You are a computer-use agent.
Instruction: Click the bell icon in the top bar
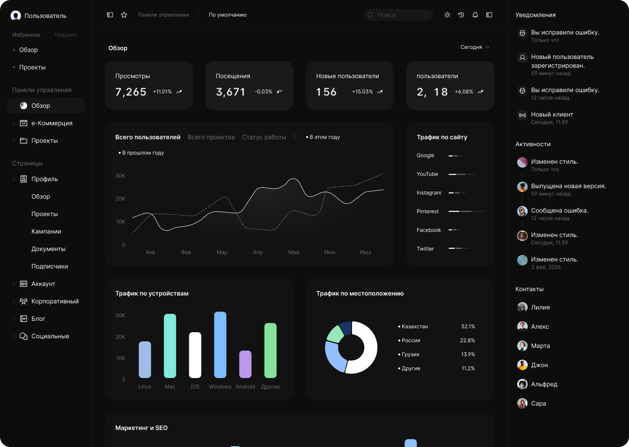(x=475, y=15)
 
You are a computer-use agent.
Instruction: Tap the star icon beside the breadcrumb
(x=124, y=15)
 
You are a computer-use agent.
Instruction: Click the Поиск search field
(x=398, y=15)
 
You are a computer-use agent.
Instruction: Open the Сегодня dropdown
(x=475, y=47)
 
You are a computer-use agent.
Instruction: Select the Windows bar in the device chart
(x=220, y=345)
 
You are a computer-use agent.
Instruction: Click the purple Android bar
(x=245, y=364)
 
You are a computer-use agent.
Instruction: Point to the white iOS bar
(x=195, y=355)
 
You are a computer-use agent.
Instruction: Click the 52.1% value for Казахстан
(x=468, y=327)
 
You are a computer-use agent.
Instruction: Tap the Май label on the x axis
(x=294, y=252)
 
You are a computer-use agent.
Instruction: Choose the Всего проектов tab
(x=211, y=137)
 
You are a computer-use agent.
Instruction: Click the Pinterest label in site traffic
(x=427, y=211)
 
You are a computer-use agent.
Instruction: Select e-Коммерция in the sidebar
(x=52, y=123)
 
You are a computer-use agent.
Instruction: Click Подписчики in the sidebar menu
(x=50, y=266)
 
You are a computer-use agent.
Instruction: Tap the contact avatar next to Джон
(x=522, y=365)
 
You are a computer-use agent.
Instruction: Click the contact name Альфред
(x=544, y=384)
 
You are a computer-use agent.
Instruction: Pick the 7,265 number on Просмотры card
(x=131, y=92)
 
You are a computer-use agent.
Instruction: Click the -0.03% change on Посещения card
(x=263, y=92)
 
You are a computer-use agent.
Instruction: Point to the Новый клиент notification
(x=552, y=114)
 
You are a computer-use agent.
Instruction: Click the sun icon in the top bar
(x=447, y=15)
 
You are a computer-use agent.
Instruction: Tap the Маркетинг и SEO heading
(x=141, y=428)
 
